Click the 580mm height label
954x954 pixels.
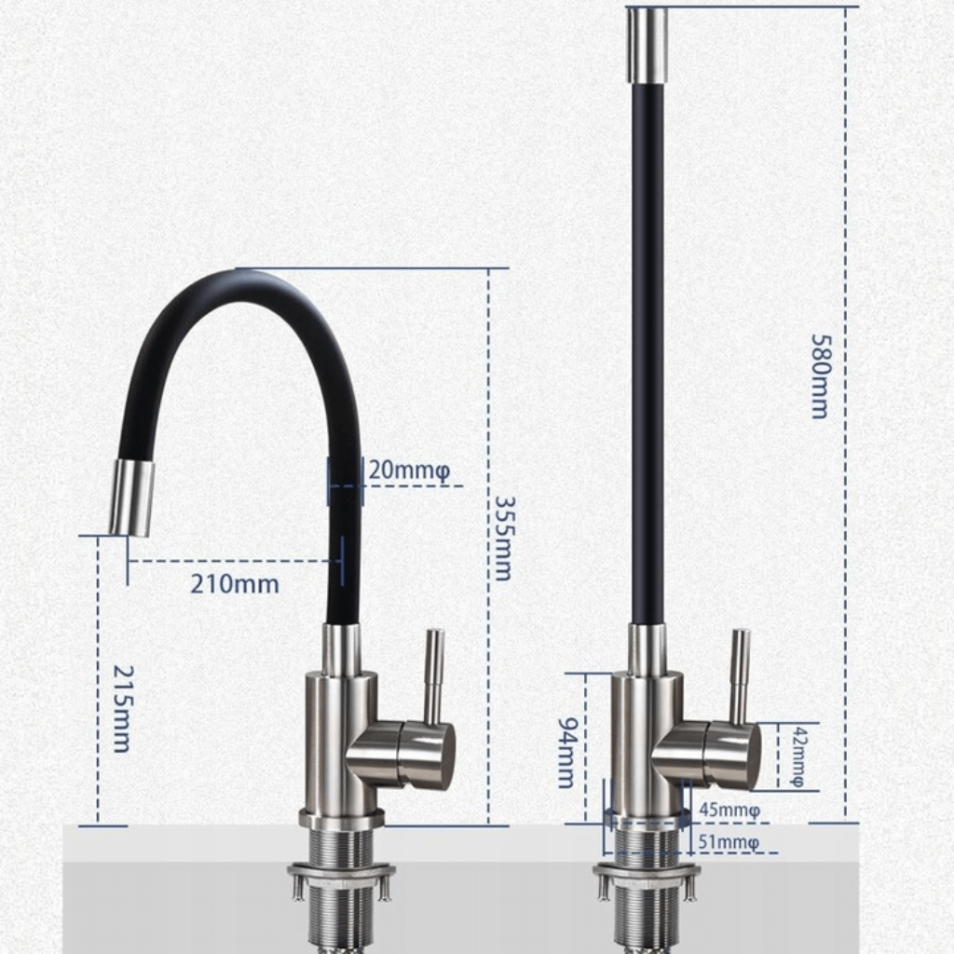[820, 376]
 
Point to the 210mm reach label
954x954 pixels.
[235, 584]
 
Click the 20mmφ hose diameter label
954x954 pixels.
[409, 470]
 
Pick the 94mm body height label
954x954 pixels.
[566, 752]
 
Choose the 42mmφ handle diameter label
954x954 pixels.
[797, 756]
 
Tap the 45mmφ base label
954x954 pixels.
[729, 810]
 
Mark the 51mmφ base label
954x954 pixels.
[729, 842]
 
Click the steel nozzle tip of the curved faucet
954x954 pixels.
[131, 498]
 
